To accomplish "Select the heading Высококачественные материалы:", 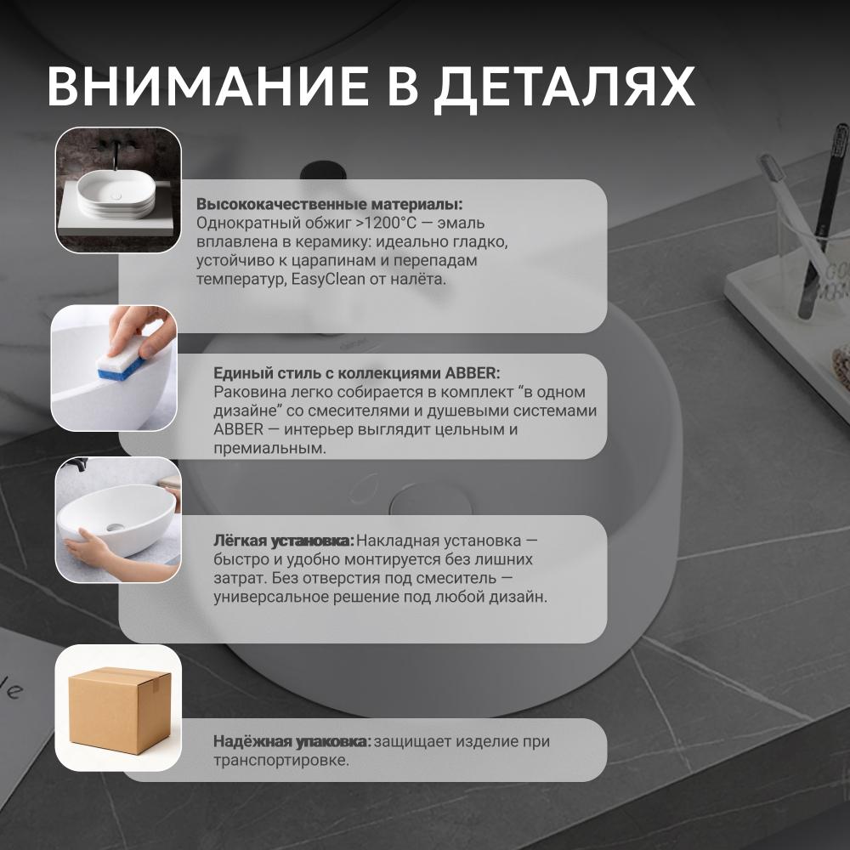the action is tap(330, 204).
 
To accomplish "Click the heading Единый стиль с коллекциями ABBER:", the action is tap(357, 373).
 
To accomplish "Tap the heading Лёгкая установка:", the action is tap(284, 541).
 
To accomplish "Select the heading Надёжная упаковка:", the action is tap(292, 741).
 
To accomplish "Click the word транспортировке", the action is tap(281, 761).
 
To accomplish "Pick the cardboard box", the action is tap(120, 710).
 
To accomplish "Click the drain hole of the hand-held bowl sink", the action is tap(115, 526).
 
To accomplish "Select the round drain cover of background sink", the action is tap(431, 500).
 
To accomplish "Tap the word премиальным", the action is tap(270, 448).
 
